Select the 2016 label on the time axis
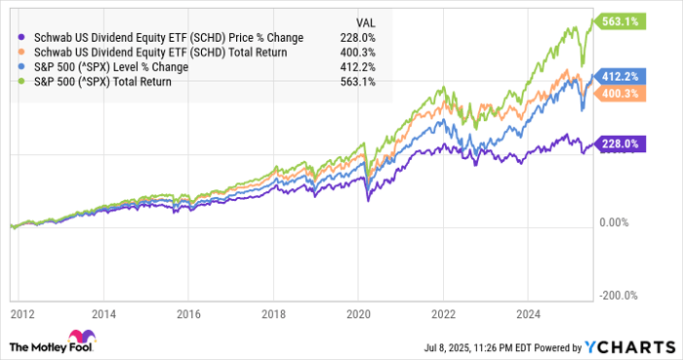191,315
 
